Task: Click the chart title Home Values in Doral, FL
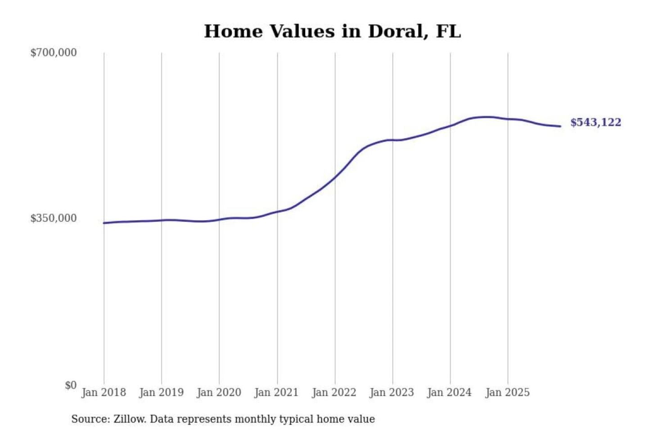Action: (333, 31)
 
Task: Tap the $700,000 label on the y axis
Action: (54, 53)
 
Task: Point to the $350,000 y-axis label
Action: (54, 218)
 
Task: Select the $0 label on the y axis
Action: (71, 385)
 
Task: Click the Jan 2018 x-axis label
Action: (103, 392)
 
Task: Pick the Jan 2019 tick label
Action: (161, 392)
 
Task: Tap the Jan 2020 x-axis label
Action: (219, 392)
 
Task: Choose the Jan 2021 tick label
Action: (276, 392)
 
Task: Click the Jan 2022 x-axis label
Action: (334, 392)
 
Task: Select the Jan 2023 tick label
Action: (391, 392)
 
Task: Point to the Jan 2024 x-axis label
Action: (449, 392)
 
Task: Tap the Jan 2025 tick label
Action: (507, 392)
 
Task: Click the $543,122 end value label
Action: (595, 122)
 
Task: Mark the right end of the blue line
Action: (560, 126)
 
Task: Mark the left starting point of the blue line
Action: (104, 223)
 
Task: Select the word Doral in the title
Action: (396, 31)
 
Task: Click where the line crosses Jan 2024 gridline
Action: (450, 126)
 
